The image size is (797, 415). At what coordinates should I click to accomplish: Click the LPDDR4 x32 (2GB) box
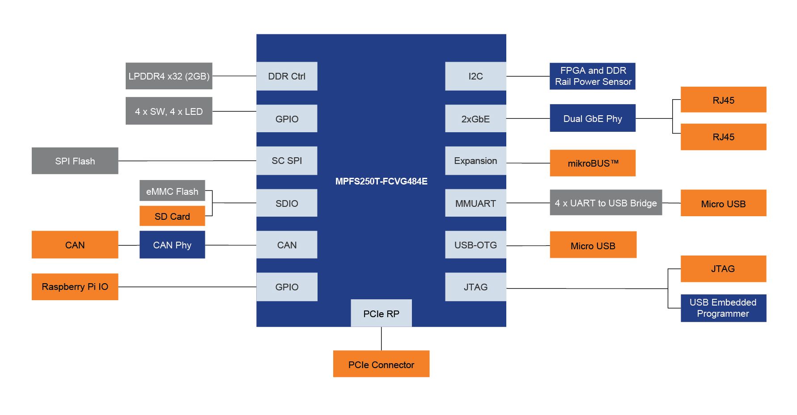click(169, 76)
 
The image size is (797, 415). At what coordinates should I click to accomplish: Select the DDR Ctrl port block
click(287, 76)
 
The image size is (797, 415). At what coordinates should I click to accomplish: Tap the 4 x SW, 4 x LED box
click(169, 111)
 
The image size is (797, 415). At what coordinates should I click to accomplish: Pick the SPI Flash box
click(75, 161)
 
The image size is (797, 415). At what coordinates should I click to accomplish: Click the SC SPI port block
click(287, 160)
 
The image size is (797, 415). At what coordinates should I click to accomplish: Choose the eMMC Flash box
click(172, 191)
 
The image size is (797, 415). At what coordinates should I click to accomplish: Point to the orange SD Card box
click(172, 216)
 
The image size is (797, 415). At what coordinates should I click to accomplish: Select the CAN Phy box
click(172, 245)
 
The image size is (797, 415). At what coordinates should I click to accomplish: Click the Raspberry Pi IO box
click(75, 287)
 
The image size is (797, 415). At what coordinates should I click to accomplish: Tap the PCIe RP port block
click(381, 313)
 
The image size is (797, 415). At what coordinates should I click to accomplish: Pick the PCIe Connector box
click(381, 364)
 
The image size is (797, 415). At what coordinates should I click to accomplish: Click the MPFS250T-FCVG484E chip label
click(381, 181)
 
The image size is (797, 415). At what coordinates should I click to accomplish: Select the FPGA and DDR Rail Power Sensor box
click(592, 76)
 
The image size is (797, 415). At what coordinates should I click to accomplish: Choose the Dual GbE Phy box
click(592, 118)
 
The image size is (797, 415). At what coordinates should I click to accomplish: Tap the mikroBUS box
click(592, 163)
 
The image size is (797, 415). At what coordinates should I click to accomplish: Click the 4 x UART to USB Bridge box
click(606, 203)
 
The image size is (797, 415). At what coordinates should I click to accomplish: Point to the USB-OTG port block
click(475, 245)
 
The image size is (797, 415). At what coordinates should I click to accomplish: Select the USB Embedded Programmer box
click(723, 308)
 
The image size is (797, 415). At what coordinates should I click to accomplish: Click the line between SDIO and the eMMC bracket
click(234, 203)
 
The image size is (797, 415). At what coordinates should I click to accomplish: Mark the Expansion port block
click(475, 160)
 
